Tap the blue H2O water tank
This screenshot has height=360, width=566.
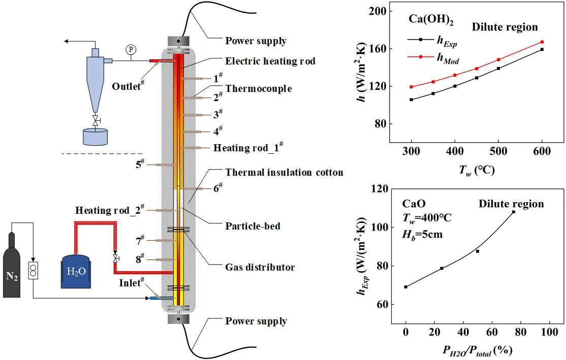(76, 271)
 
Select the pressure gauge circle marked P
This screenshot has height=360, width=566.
(131, 49)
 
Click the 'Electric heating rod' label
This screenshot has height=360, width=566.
(270, 61)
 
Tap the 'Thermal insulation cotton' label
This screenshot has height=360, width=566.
(284, 173)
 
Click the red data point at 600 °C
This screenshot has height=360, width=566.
(542, 42)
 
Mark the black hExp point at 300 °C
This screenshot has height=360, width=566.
(411, 100)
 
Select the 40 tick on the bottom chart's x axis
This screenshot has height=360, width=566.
(463, 332)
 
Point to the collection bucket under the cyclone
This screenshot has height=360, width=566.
(95, 137)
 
